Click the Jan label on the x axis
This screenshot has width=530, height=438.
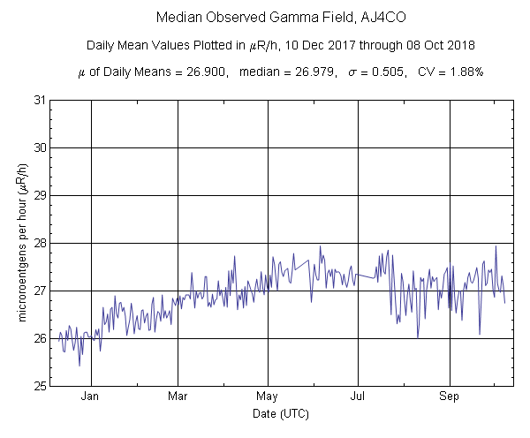pyautogui.click(x=89, y=396)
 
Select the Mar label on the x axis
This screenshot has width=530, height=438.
pyautogui.click(x=178, y=396)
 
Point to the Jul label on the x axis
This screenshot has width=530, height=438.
pyautogui.click(x=358, y=396)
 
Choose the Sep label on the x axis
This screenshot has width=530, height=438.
pyautogui.click(x=450, y=396)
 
